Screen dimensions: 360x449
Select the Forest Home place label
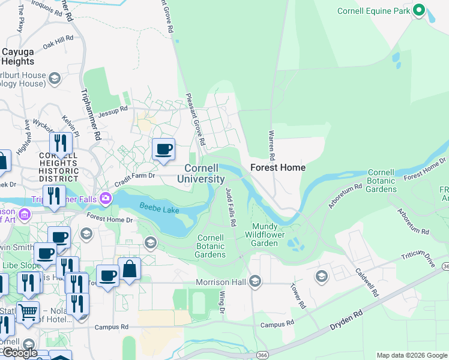tap(277, 167)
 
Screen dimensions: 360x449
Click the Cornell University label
tap(205, 173)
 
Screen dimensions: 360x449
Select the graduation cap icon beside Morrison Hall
tap(256, 281)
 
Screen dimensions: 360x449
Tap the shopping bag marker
tap(129, 269)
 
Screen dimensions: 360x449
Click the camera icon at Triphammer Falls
tap(106, 197)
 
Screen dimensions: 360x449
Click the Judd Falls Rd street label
tap(230, 206)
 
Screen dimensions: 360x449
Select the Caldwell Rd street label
tap(368, 283)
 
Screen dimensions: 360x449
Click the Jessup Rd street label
tap(114, 109)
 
